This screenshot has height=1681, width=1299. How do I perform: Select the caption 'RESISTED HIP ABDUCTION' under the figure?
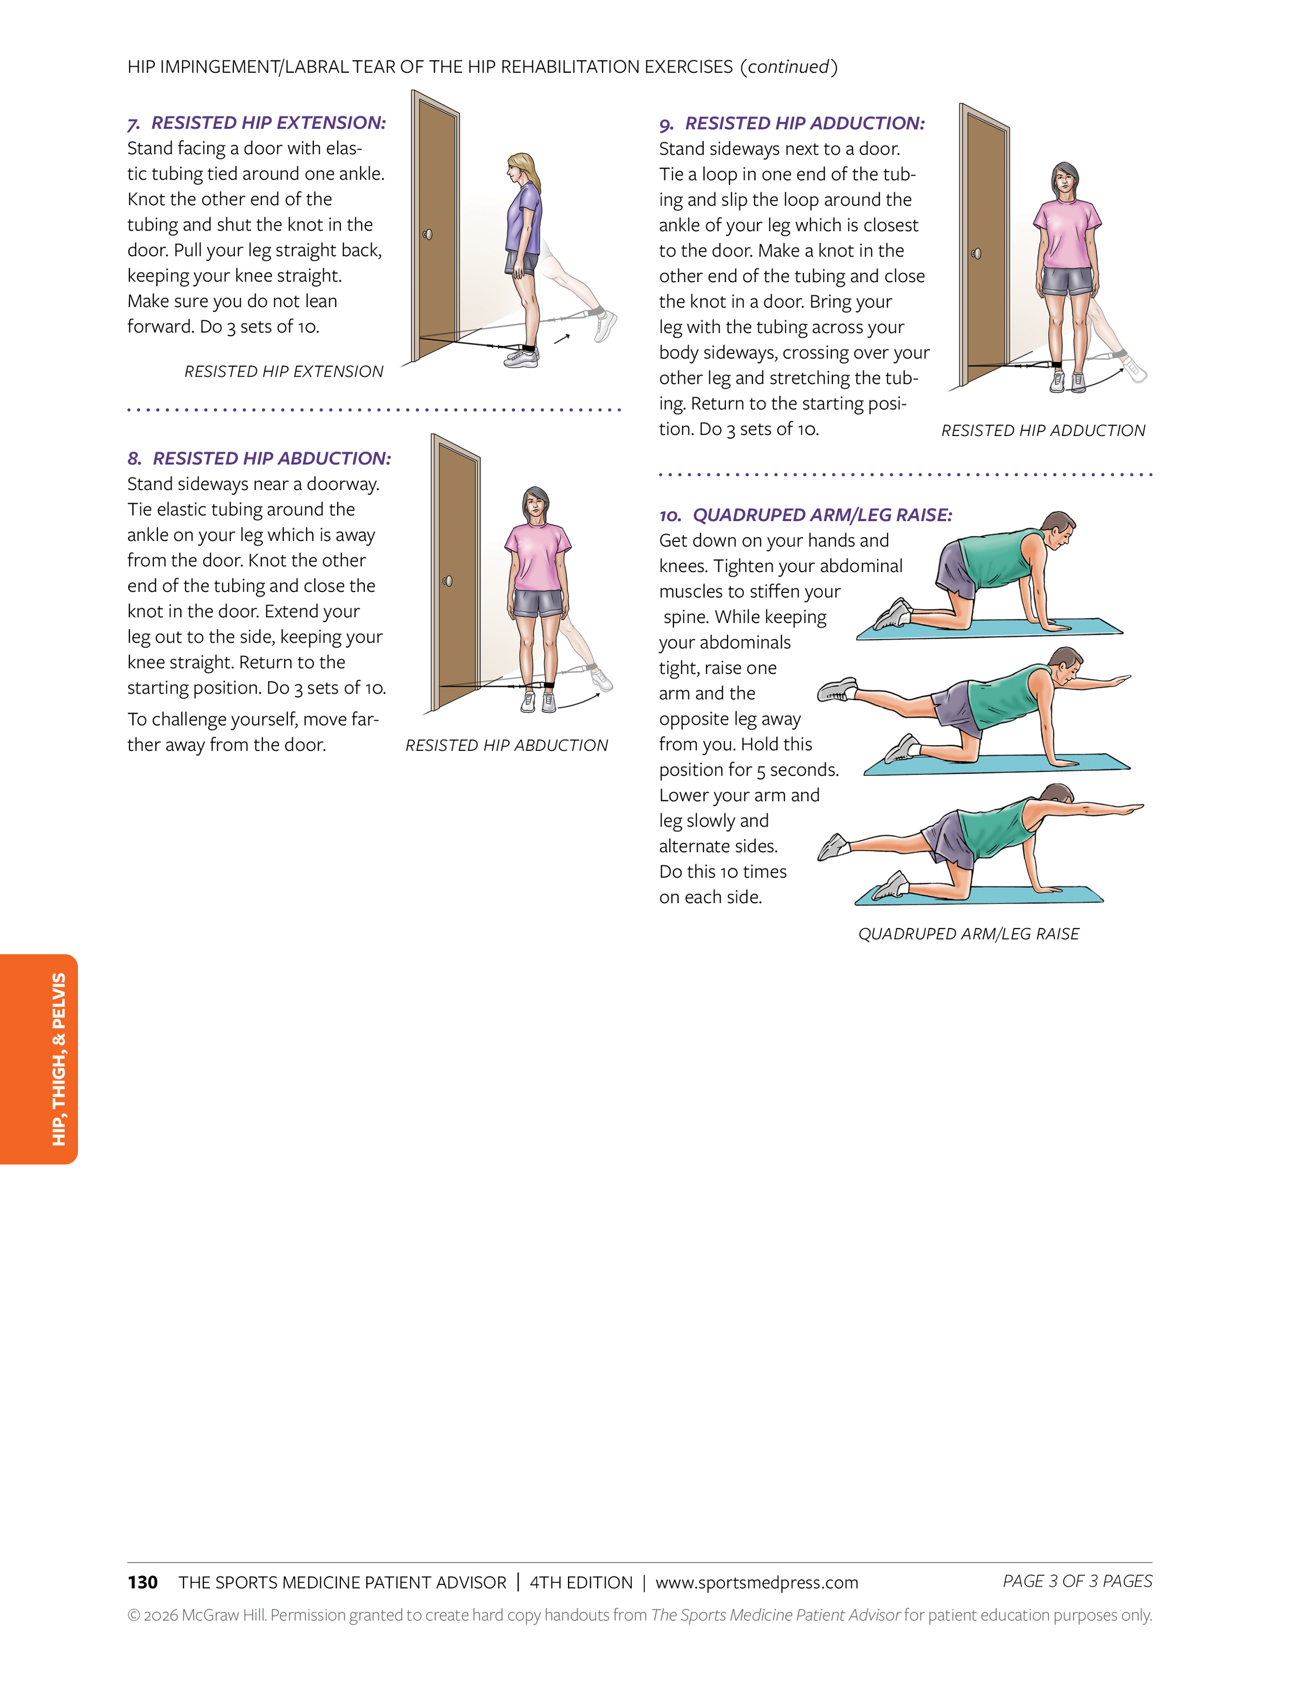[507, 745]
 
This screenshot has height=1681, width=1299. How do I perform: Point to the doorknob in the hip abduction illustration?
[447, 580]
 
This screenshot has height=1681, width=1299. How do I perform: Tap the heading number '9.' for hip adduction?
[667, 124]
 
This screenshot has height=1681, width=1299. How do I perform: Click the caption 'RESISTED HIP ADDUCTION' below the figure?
[1043, 430]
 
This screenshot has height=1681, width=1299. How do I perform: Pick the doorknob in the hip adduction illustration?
[976, 253]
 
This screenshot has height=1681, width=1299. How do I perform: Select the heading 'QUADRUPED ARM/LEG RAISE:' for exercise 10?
[822, 515]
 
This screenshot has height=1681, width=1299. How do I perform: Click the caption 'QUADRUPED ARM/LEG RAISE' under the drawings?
[968, 934]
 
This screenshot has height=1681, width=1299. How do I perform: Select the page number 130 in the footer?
[142, 1582]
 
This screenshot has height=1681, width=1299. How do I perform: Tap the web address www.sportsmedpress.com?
[757, 1582]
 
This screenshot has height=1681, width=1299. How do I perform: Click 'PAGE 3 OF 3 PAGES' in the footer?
[1077, 1581]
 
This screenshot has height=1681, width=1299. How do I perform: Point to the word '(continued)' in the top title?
[789, 67]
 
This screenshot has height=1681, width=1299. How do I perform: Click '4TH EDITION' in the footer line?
[581, 1582]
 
